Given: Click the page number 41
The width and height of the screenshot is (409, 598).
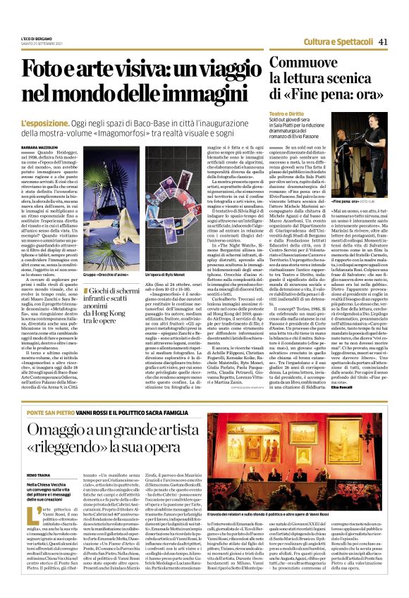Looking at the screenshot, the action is coord(384,41).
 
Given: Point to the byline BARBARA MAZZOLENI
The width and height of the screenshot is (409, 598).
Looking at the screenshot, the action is coord(41,147).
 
